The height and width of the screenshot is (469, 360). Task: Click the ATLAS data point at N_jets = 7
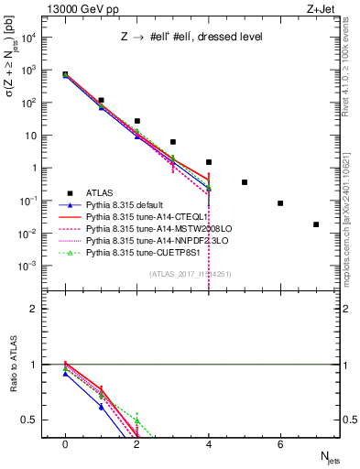point(316,224)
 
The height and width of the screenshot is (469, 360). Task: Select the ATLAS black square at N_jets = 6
point(280,203)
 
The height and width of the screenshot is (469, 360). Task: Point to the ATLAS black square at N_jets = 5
point(245,182)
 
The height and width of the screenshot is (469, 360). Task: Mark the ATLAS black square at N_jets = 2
point(136,121)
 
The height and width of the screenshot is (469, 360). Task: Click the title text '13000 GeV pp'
point(76,8)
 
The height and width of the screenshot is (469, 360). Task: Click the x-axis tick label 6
point(280,444)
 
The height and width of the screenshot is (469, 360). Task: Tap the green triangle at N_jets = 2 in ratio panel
point(136,420)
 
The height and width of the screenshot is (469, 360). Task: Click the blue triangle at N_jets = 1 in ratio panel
point(101,407)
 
